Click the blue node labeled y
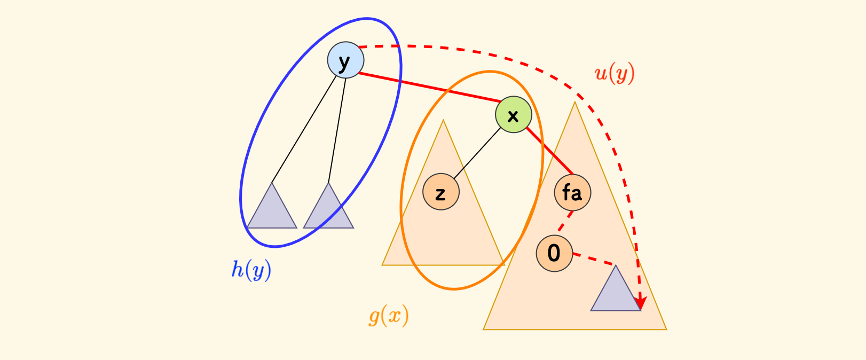[345, 60]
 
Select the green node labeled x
[513, 114]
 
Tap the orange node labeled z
[441, 192]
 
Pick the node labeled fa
[572, 192]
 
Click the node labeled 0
[554, 253]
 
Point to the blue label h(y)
[251, 270]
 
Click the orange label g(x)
[389, 316]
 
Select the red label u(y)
[615, 73]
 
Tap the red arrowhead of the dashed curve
[640, 303]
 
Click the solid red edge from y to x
[430, 87]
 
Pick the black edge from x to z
[477, 153]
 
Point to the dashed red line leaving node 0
[593, 260]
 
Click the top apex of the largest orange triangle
[574, 103]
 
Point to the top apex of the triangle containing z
[443, 121]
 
